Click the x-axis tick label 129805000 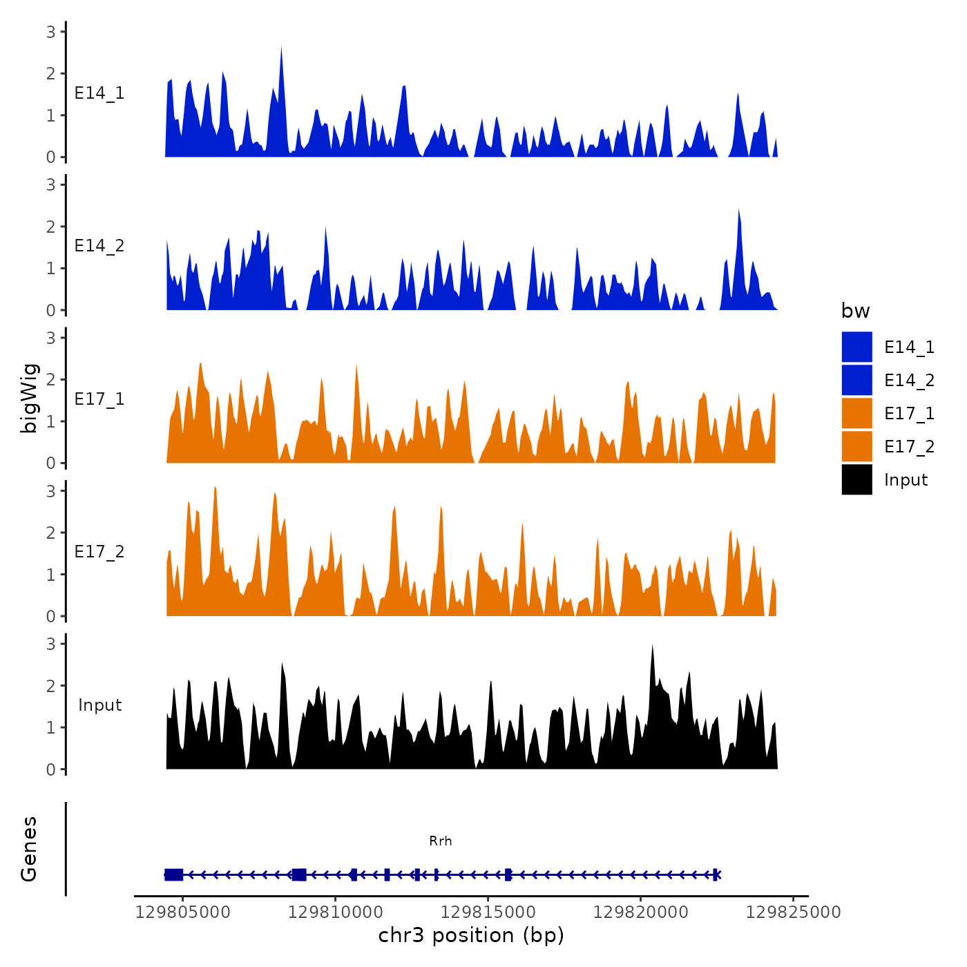click(183, 912)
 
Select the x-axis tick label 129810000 click(336, 912)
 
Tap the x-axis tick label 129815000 click(488, 912)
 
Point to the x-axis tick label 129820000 click(640, 912)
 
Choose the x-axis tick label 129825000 click(793, 912)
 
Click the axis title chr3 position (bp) click(471, 935)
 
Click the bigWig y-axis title click(30, 399)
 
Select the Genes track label click(29, 849)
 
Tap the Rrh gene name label click(441, 841)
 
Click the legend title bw click(855, 311)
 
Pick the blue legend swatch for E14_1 click(856, 347)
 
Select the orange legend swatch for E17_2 click(856, 446)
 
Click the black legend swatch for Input click(856, 479)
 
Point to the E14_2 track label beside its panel click(99, 246)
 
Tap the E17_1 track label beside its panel click(99, 399)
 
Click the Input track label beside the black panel click(99, 705)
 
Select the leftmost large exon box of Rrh click(173, 874)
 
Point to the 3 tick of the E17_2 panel click(51, 490)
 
